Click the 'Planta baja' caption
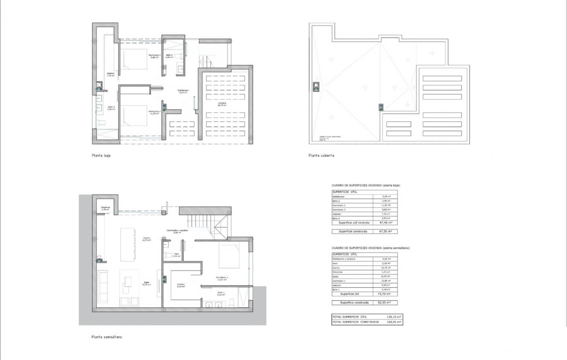pyautogui.click(x=101, y=156)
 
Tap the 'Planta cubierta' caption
pyautogui.click(x=321, y=156)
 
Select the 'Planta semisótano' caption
pyautogui.click(x=107, y=337)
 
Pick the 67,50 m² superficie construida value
pyautogui.click(x=386, y=231)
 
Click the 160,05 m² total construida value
pyautogui.click(x=394, y=322)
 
